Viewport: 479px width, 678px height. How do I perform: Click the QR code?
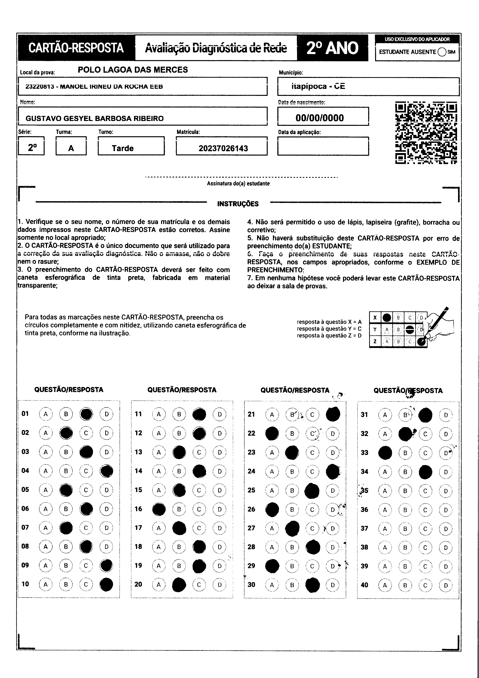pos(426,133)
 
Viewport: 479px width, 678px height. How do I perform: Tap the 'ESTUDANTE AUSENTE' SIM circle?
pos(442,52)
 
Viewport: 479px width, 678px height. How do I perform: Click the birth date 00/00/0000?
pos(320,118)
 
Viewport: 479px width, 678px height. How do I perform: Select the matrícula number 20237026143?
pos(223,148)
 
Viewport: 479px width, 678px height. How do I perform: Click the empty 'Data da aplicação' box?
pos(323,146)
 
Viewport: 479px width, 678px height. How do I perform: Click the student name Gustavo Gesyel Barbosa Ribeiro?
pos(94,118)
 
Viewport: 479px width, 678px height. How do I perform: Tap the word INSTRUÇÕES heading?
pos(238,204)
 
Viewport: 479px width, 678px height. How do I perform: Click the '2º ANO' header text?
pos(332,48)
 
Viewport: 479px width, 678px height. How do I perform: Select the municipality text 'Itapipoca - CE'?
pos(318,86)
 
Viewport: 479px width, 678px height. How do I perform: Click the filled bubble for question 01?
pos(86,414)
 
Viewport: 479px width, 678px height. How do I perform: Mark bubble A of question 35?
pos(385,491)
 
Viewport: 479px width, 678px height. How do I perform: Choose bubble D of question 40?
pos(446,585)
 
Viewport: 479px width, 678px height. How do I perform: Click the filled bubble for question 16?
pos(159,509)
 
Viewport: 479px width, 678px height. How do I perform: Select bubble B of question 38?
pos(405,548)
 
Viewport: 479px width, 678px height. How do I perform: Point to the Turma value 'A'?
pos(71,148)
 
